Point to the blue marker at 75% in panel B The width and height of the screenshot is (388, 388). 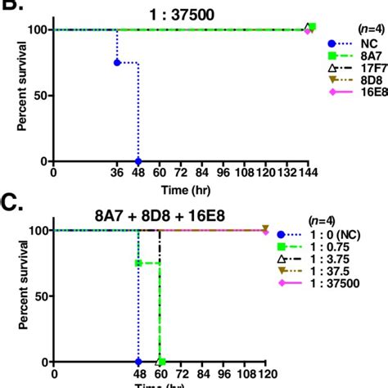[117, 62]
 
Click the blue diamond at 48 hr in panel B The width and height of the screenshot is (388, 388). [138, 161]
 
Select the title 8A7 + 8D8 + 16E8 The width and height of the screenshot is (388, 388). [164, 217]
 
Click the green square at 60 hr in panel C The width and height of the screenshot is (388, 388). [160, 361]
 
